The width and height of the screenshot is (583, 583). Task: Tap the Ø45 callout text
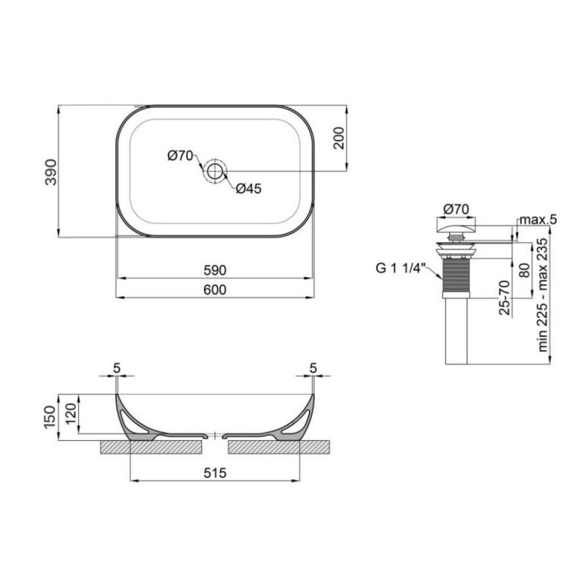249,189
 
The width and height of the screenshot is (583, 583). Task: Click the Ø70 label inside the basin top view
179,154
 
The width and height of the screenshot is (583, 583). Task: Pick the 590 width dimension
216,270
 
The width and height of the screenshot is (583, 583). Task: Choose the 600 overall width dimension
216,289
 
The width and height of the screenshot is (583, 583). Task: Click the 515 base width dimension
216,473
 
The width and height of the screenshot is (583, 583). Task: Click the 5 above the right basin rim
313,368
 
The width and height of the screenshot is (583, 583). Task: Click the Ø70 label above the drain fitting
456,209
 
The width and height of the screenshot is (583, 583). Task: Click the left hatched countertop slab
149,445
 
